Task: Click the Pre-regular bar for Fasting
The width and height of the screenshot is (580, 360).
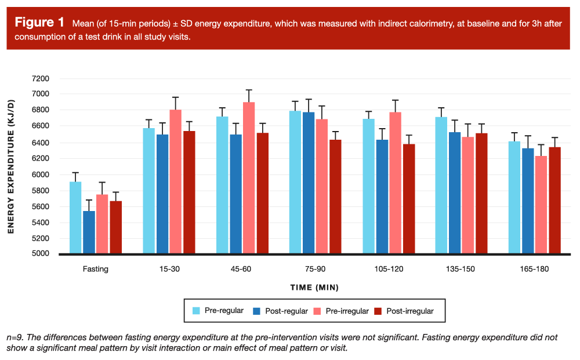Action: [x=75, y=218]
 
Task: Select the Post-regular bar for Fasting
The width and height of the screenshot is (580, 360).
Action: [x=89, y=232]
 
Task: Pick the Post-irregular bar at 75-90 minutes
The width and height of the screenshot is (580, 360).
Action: [x=335, y=197]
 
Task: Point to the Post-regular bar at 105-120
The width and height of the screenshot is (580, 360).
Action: [x=382, y=197]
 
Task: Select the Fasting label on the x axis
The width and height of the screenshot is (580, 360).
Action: [x=95, y=269]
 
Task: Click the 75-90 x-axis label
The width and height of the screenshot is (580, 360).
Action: [x=314, y=269]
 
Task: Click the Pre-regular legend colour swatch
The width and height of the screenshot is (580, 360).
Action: [x=197, y=311]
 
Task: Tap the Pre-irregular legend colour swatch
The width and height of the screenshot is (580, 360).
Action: [x=317, y=311]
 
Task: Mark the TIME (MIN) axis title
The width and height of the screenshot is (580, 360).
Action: [x=314, y=288]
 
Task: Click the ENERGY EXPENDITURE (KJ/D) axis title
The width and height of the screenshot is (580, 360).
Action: [x=11, y=166]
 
